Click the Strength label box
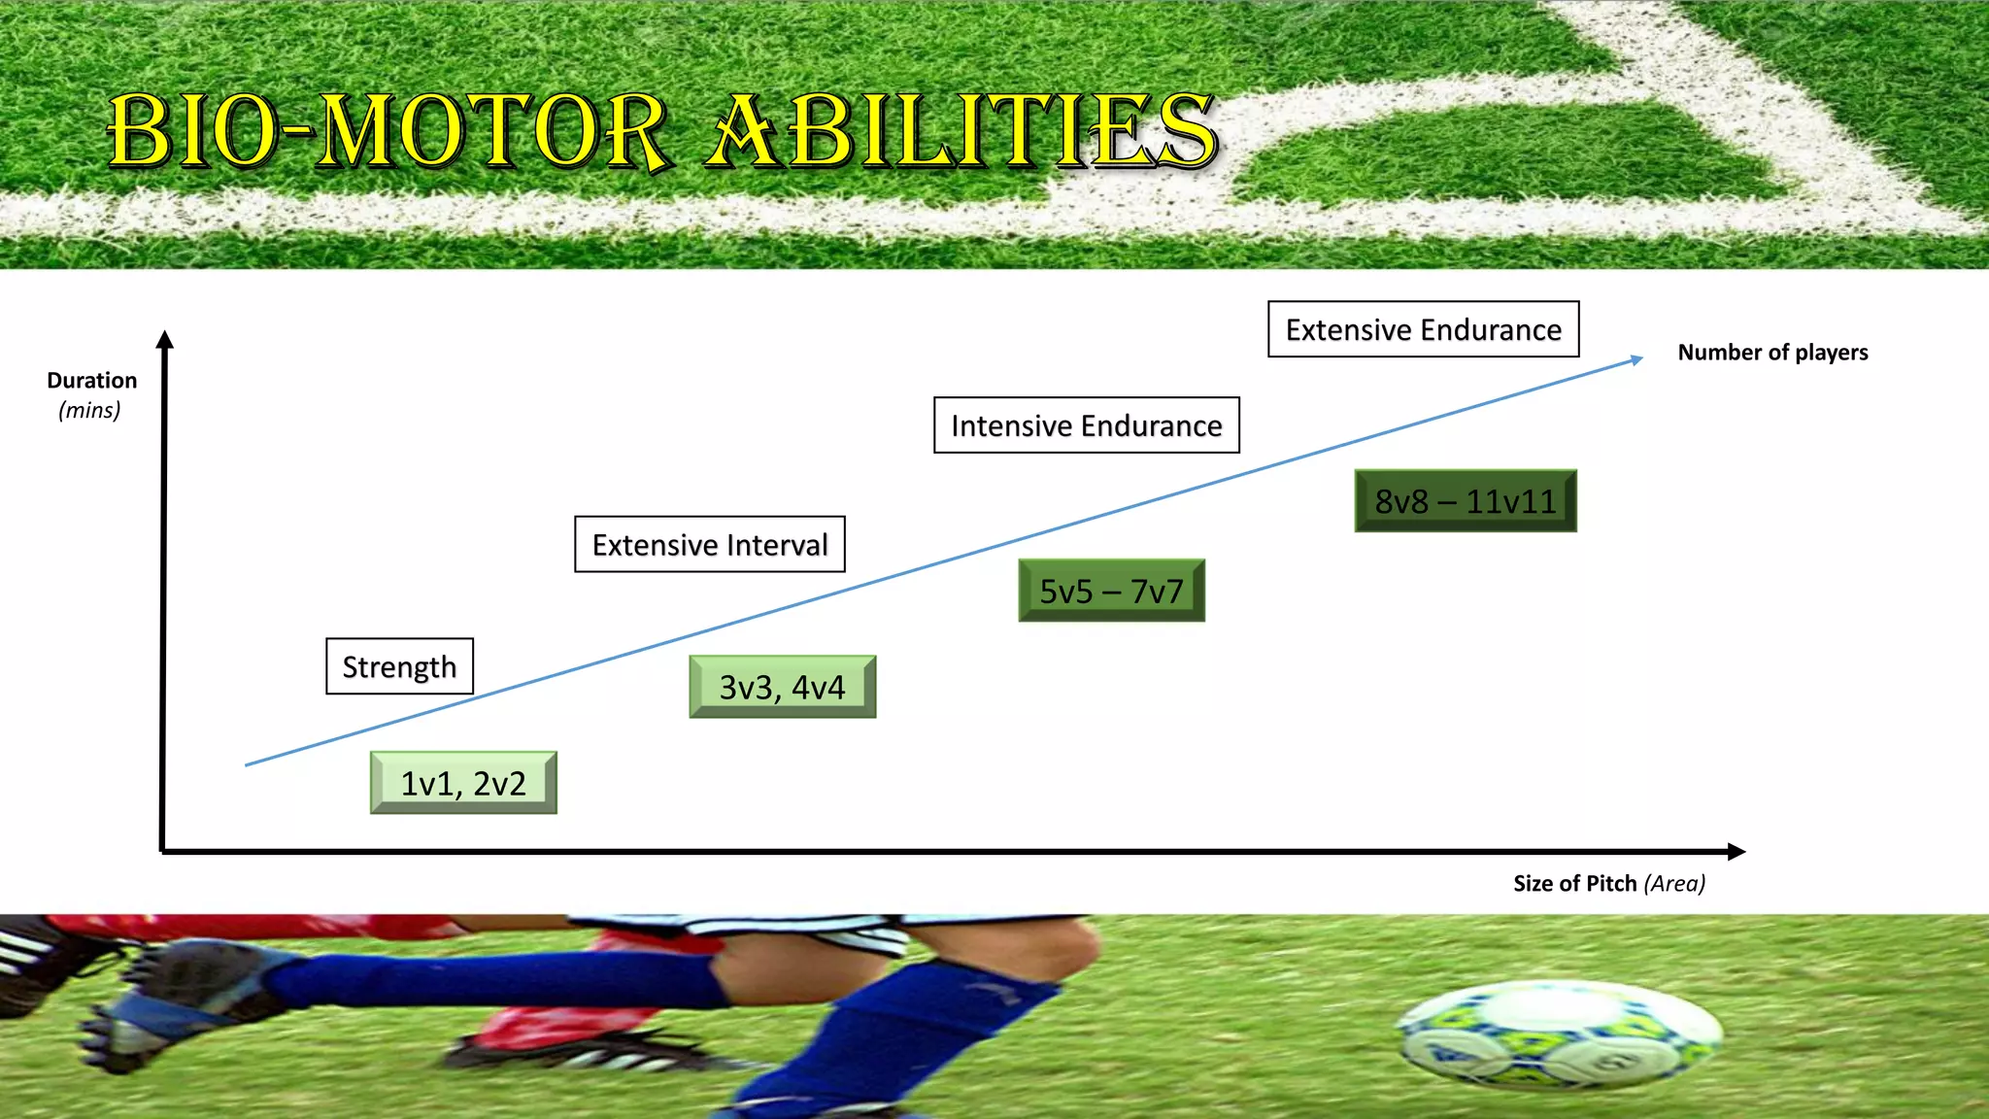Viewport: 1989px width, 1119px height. click(x=399, y=666)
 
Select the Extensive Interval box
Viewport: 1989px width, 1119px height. click(x=710, y=544)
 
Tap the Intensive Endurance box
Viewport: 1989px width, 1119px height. click(x=1086, y=425)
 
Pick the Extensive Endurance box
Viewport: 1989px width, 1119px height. click(x=1423, y=329)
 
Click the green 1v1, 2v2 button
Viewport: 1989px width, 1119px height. click(x=463, y=783)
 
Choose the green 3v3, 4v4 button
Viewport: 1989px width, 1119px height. click(x=782, y=687)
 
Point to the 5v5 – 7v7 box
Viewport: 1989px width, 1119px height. click(x=1111, y=591)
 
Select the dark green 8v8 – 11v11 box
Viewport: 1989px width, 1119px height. click(x=1465, y=501)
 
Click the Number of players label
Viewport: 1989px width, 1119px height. click(x=1772, y=353)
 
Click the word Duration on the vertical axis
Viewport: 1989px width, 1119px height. click(x=92, y=381)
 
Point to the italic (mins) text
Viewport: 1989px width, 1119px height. click(x=89, y=410)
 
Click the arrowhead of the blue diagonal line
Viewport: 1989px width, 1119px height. click(x=1636, y=359)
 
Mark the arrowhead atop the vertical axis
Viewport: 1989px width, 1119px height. click(x=165, y=339)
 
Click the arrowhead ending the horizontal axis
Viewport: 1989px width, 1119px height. click(x=1736, y=852)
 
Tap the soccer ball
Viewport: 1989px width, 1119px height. click(x=1559, y=1035)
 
